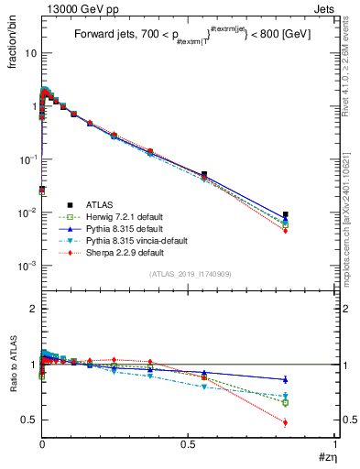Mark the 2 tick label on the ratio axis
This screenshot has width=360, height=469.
click(32, 310)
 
